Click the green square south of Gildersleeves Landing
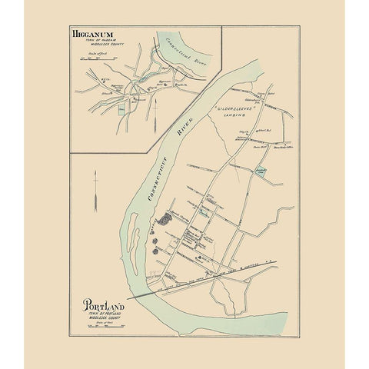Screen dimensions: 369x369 pyautogui.click(x=261, y=173)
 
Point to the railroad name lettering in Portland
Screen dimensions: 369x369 pyautogui.click(x=223, y=276)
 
